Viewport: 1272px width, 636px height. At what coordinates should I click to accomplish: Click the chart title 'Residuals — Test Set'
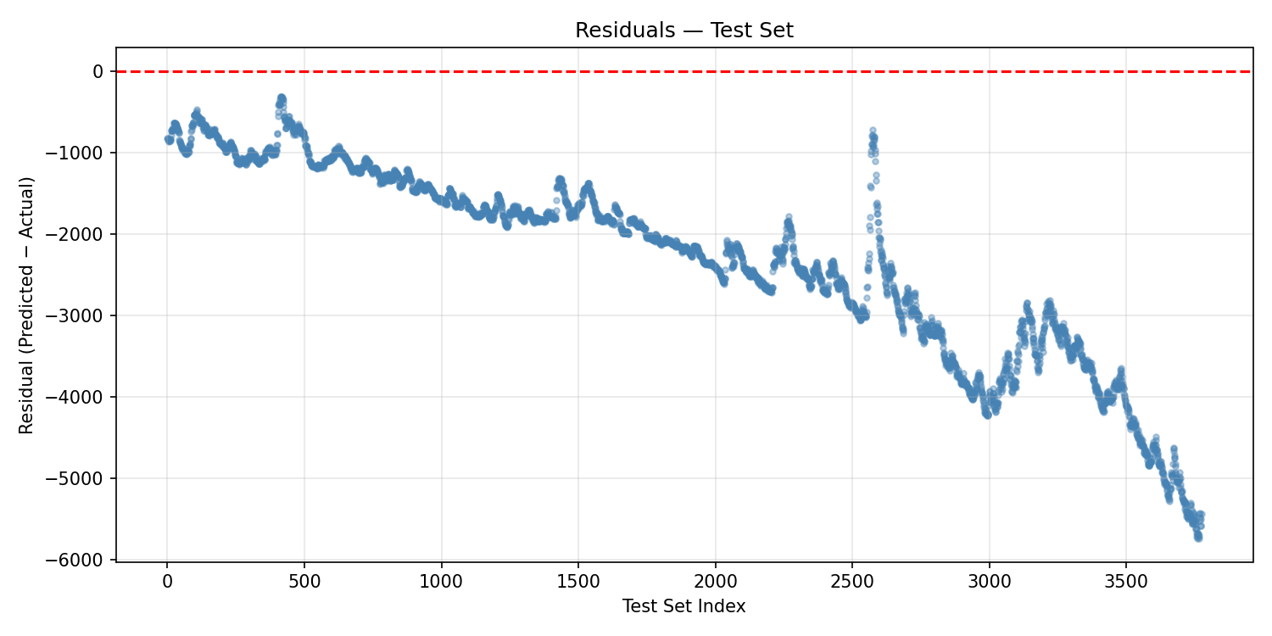click(683, 31)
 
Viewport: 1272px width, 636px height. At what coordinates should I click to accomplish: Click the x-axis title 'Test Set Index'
click(683, 606)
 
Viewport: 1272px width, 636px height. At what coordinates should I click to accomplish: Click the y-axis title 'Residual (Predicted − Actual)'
click(26, 305)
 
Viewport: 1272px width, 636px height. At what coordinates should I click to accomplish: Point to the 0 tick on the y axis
click(98, 71)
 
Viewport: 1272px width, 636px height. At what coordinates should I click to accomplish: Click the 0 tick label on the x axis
click(167, 582)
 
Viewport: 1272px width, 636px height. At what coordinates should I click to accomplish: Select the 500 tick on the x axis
click(304, 582)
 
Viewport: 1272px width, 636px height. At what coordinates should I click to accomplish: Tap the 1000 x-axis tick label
click(442, 582)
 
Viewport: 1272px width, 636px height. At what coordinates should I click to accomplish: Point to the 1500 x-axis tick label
click(578, 582)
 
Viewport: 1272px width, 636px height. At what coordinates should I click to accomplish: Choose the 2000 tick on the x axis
click(716, 582)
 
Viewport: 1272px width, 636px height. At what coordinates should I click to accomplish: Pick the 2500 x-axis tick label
click(852, 582)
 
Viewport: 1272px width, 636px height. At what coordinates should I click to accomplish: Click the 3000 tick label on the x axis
click(990, 582)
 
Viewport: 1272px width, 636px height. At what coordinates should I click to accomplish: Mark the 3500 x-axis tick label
click(1126, 582)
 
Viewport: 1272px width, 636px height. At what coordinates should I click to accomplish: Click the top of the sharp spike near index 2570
click(872, 130)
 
